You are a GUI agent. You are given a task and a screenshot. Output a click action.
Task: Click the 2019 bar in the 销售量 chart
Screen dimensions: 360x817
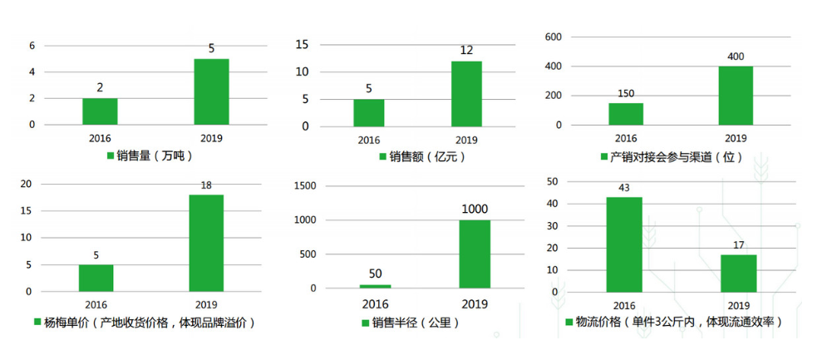[211, 91]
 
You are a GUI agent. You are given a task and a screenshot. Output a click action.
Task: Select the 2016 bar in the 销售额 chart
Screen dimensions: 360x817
[369, 112]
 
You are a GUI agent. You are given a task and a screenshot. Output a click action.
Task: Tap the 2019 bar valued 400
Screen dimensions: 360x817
[736, 96]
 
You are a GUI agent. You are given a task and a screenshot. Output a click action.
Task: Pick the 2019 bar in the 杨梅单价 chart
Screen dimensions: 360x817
[206, 243]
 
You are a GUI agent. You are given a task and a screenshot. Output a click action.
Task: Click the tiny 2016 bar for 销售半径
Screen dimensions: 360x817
[375, 286]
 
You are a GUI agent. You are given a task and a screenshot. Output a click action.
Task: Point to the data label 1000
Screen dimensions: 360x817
[475, 209]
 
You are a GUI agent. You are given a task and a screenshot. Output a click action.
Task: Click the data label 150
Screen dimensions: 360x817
[626, 93]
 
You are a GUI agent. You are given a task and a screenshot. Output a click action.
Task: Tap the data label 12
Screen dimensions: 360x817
[466, 51]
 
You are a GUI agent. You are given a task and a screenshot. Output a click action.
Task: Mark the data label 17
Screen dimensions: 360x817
[737, 244]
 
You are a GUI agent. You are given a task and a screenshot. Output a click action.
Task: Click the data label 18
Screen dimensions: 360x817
[206, 185]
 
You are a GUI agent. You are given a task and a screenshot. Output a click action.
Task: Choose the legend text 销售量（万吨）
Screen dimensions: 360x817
[159, 155]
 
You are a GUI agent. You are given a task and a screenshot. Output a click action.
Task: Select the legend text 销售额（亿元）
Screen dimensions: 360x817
[427, 155]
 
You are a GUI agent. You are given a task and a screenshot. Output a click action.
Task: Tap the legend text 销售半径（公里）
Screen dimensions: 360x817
[416, 323]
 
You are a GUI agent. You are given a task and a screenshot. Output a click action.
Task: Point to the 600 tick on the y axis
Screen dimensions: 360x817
[554, 37]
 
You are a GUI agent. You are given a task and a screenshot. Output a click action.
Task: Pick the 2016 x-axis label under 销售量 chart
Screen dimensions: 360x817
[100, 138]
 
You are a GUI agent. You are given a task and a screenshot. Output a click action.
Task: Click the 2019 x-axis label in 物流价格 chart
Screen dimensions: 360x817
[737, 306]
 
